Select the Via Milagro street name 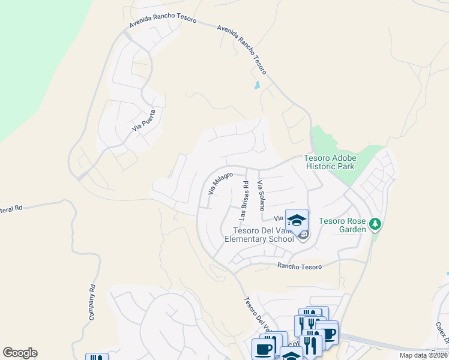220,183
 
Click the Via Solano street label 261,196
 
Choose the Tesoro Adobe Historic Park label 330,162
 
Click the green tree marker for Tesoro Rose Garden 376,224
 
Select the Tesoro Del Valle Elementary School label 259,235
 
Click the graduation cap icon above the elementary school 297,219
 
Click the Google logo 20,353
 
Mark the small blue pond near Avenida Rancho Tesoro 257,85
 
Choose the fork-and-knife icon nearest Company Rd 97,358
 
